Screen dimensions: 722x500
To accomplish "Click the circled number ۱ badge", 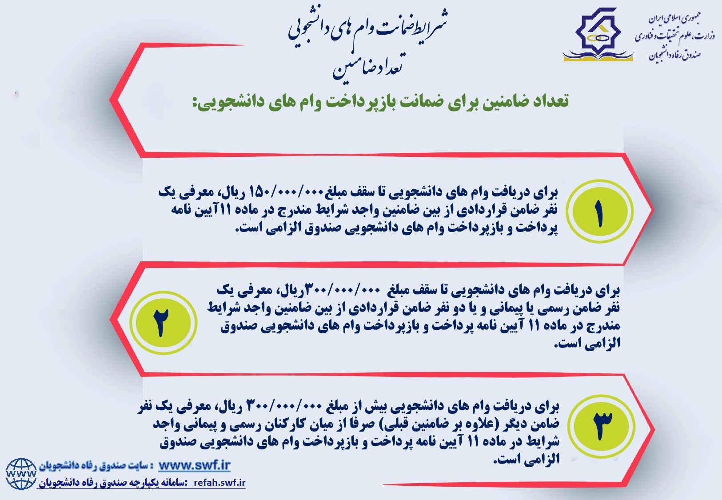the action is click(x=599, y=211).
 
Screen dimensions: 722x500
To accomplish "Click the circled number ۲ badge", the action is click(x=164, y=323).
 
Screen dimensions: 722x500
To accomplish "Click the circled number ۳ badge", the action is click(x=601, y=427).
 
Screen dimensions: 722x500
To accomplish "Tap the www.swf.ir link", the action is click(x=194, y=465).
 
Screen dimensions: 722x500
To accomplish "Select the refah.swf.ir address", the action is click(x=220, y=483).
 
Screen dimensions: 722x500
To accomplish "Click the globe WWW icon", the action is click(x=21, y=474).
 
